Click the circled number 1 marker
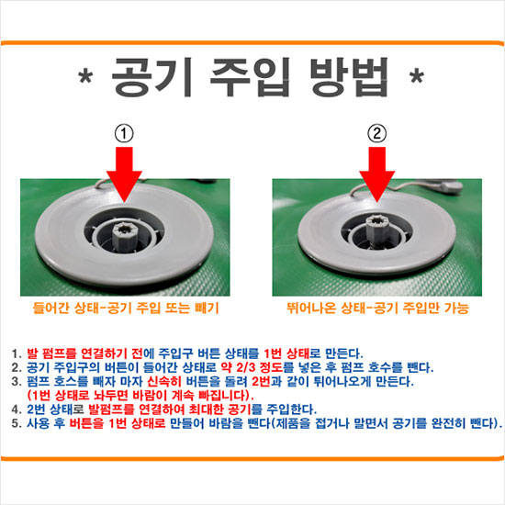pos(124,134)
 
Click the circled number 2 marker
pos(376,133)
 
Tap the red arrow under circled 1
pos(124,174)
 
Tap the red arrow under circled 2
pos(376,174)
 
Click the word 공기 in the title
pos(152,77)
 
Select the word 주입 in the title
pos(251,77)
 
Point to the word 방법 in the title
pos(350,77)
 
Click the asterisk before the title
pos(85,76)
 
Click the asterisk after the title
pos(417,76)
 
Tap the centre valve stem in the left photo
pos(125,236)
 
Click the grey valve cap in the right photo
pos(452,186)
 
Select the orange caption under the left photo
pos(126,308)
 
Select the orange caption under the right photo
pos(377,308)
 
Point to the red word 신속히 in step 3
pos(164,382)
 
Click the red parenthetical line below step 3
pos(140,395)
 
